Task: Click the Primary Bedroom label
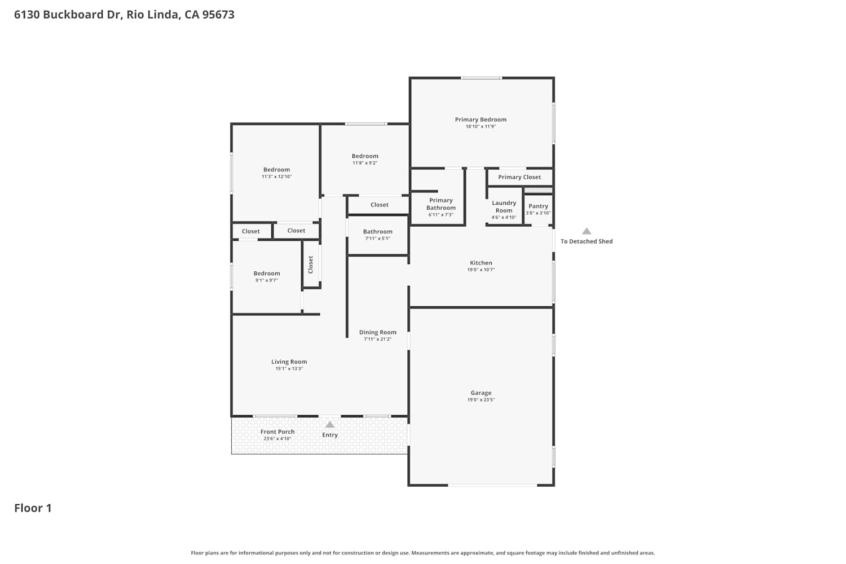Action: [481, 120]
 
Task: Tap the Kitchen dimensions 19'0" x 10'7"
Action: [481, 270]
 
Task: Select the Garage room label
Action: [481, 393]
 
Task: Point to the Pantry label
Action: [538, 206]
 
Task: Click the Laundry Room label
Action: [504, 206]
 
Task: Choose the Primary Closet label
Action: [519, 177]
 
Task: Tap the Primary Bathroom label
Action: [440, 204]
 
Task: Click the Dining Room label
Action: [378, 332]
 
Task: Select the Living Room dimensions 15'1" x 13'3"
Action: [289, 369]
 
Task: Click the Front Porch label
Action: [277, 432]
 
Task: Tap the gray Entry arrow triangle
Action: [330, 425]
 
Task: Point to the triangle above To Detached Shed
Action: [586, 231]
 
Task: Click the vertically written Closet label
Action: [310, 265]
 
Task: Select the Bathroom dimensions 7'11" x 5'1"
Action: [378, 239]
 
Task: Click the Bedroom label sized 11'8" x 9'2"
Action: [365, 156]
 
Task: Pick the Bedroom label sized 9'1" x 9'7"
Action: [267, 274]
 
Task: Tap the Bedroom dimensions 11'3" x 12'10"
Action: [276, 177]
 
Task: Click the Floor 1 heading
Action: [33, 508]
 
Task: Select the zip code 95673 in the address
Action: [218, 14]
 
